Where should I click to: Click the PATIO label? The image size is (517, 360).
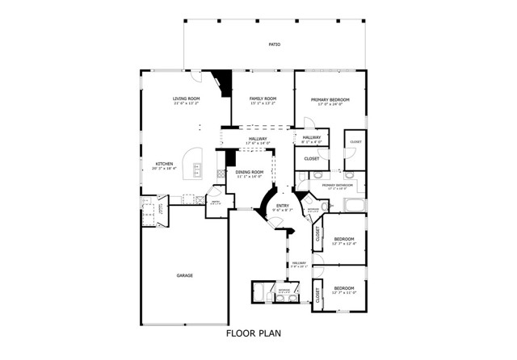274,44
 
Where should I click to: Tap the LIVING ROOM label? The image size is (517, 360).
185,98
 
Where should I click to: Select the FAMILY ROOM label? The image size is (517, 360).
263,98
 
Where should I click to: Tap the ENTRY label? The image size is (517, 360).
282,205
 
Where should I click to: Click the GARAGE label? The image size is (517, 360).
185,276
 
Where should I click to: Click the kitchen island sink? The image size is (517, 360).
196,168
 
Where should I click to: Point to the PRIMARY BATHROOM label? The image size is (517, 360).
339,186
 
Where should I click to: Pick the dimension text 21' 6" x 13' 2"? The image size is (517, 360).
185,104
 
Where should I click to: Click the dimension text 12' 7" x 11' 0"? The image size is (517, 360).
344,293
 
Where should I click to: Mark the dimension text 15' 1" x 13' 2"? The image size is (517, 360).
263,104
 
